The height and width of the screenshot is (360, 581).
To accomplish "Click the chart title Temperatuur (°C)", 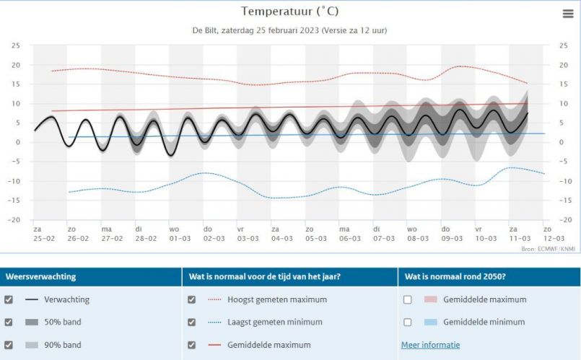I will pos(289,12).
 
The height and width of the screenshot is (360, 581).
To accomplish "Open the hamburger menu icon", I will pos(568,14).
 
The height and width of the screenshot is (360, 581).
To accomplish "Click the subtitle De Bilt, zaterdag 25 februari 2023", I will pos(289,31).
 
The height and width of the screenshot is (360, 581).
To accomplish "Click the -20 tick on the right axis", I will pos(564,220).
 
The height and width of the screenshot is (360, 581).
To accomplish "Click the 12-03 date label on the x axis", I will pos(554,237).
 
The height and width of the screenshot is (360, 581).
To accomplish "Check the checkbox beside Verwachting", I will pos(9,299).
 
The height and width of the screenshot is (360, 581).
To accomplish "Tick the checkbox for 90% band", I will pos(9,345).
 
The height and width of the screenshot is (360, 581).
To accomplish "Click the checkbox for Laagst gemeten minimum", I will pos(192,322).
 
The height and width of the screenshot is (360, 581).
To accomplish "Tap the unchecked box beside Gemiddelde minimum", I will pos(408,322).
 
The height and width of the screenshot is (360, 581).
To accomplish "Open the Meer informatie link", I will pos(430,345).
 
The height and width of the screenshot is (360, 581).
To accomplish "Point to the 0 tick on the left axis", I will pos(17,142).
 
